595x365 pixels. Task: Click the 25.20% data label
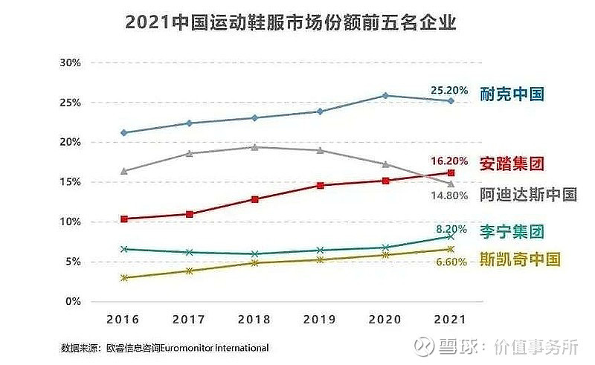449,90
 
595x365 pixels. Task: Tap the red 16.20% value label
449,161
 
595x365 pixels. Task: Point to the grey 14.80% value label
449,196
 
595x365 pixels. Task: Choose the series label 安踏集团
512,163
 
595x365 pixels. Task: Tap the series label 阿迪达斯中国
528,195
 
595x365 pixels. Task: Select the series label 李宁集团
512,231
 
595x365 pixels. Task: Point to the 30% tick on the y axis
70,62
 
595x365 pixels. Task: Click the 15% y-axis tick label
70,182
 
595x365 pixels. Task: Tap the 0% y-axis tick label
72,302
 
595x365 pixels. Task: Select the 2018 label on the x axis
254,320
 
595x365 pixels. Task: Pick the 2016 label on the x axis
123,320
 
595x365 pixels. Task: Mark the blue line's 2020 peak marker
385,95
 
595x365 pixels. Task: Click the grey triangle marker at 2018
254,147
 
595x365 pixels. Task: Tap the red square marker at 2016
123,219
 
